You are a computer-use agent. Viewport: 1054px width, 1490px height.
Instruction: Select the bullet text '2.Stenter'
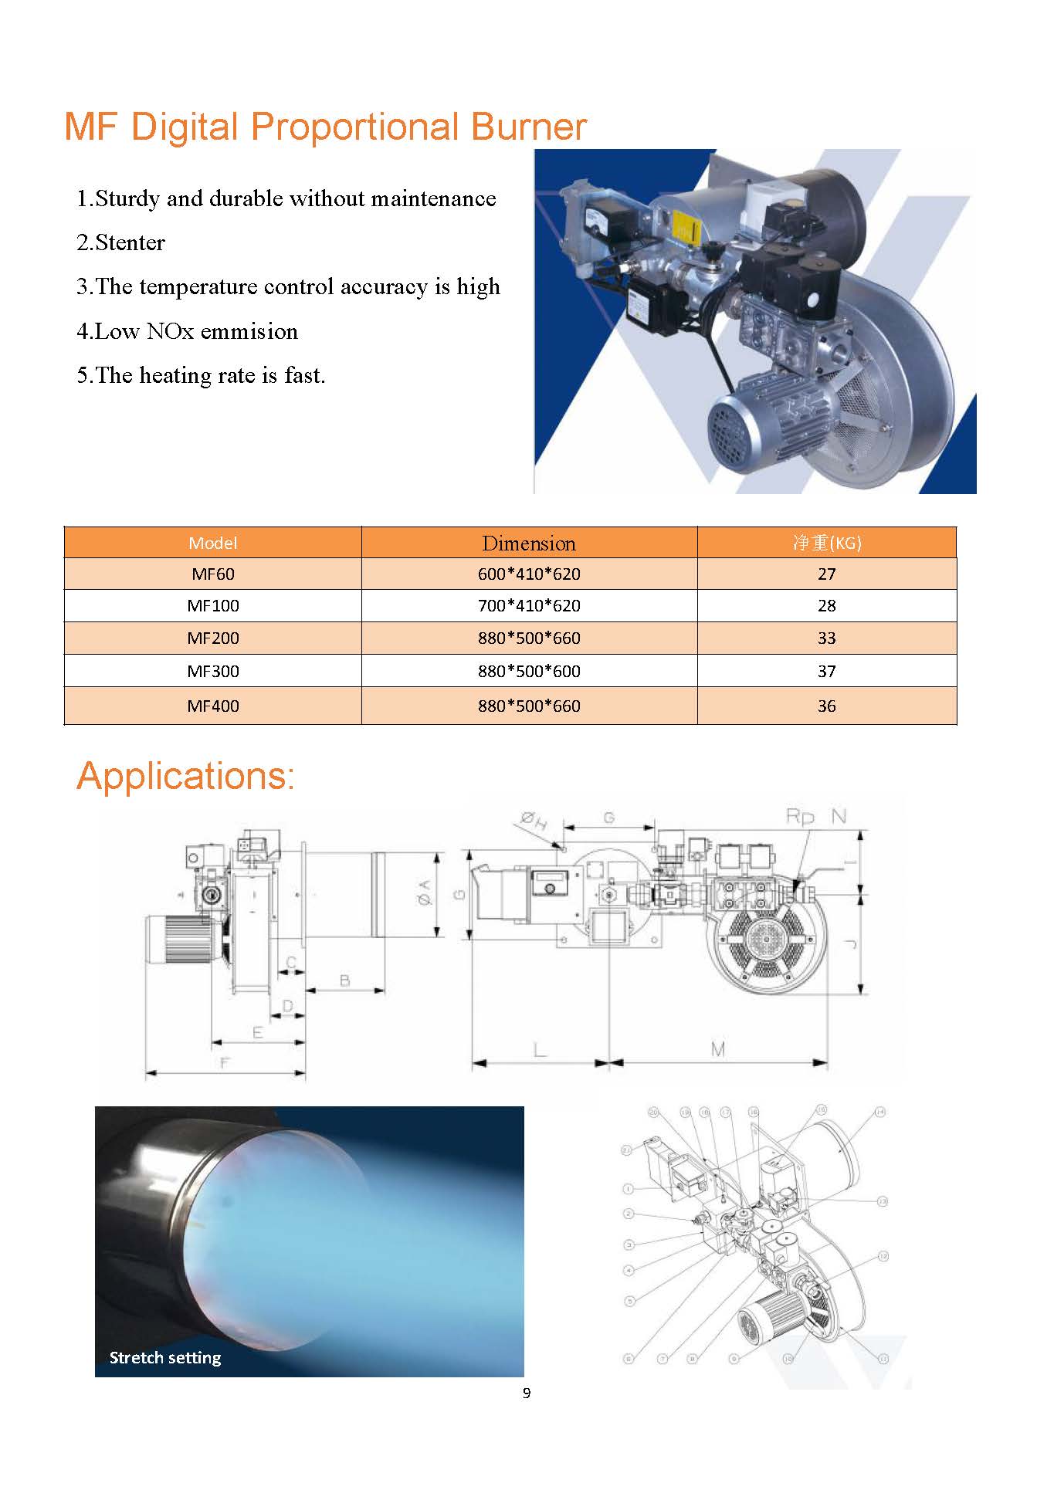(x=120, y=242)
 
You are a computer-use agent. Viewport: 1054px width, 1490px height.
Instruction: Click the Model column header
(x=212, y=543)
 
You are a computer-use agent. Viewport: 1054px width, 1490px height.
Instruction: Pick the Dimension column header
(x=528, y=543)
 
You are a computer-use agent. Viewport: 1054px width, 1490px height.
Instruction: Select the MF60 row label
(x=212, y=574)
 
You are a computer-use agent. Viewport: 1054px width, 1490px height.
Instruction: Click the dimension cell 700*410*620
(x=528, y=605)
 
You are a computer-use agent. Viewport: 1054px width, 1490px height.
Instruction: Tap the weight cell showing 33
(x=826, y=638)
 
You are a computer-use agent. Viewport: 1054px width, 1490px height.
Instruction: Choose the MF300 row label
(x=212, y=671)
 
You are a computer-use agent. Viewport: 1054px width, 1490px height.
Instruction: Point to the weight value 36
(x=826, y=706)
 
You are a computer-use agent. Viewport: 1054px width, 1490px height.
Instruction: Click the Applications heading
(x=185, y=775)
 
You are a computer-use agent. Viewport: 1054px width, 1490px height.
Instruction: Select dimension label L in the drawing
(x=540, y=1049)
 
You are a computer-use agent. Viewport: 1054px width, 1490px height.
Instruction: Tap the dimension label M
(x=717, y=1049)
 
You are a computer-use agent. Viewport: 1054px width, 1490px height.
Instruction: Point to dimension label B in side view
(x=344, y=980)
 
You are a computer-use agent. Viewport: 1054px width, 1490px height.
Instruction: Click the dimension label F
(x=225, y=1063)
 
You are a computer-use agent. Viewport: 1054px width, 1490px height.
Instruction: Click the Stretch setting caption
(x=165, y=1356)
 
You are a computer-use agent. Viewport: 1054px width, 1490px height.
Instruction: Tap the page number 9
(x=527, y=1393)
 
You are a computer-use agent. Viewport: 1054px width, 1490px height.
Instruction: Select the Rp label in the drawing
(x=800, y=816)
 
